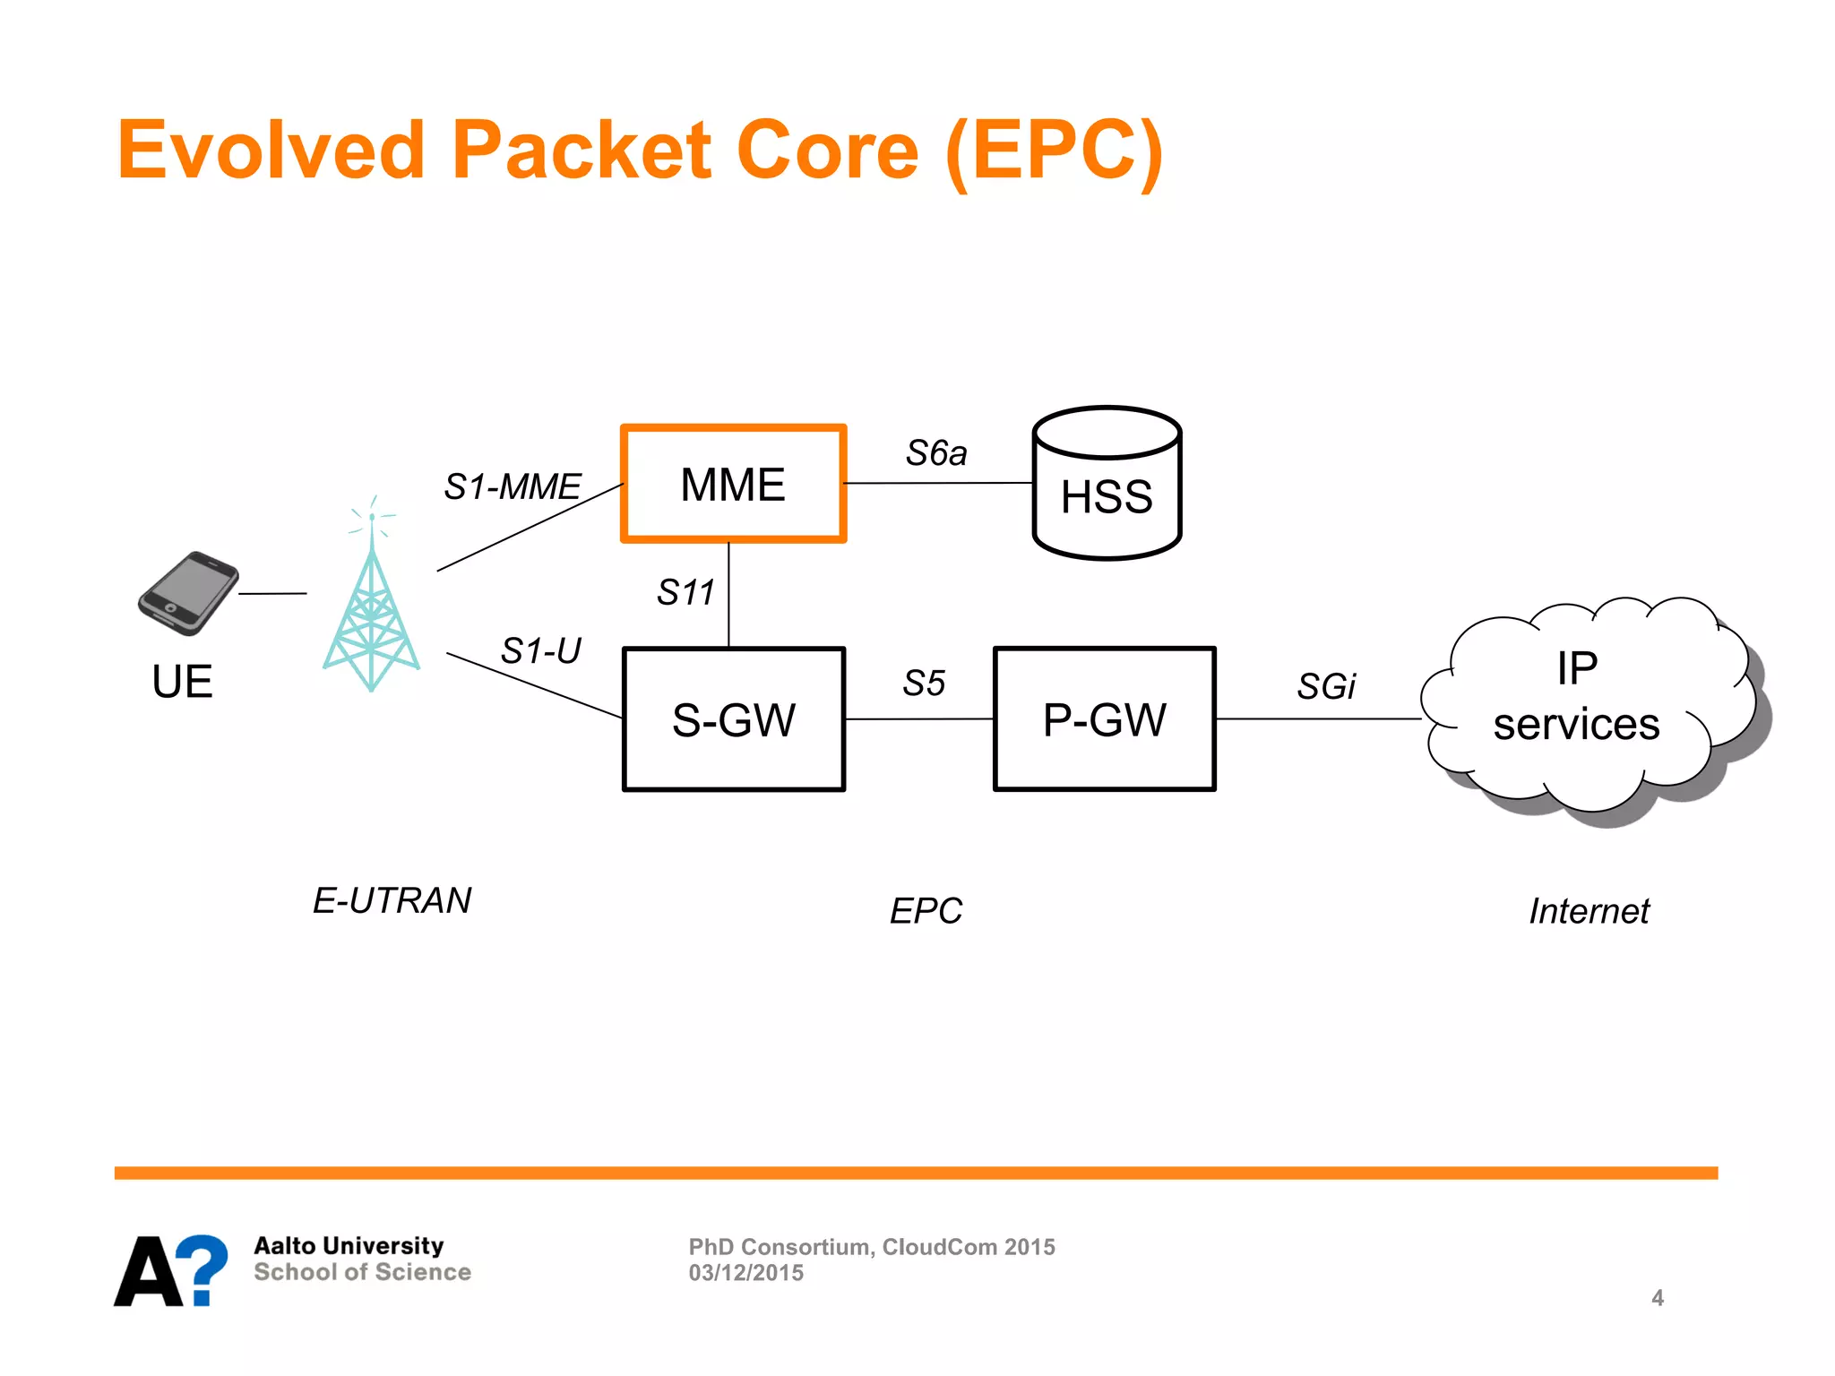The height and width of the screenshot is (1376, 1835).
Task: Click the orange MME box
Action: [733, 485]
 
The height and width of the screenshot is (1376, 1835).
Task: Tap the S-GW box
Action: [733, 719]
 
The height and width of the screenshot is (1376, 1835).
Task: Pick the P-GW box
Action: [1104, 719]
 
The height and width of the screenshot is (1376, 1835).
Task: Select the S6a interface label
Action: [936, 453]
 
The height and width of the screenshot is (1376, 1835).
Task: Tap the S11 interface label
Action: [685, 592]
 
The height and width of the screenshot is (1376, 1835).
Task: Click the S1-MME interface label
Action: [513, 487]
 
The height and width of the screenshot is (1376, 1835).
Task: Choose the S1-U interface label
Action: [540, 650]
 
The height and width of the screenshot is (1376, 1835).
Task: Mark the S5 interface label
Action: [924, 684]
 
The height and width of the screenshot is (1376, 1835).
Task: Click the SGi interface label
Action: [1326, 687]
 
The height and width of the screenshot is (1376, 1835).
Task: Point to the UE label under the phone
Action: [182, 682]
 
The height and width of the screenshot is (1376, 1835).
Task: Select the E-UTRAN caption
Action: [392, 900]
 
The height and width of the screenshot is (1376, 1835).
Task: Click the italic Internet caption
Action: [1589, 911]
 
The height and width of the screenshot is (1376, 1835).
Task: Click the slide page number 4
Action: [1657, 1298]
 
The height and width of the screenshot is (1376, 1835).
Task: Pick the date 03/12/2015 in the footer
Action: [745, 1273]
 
